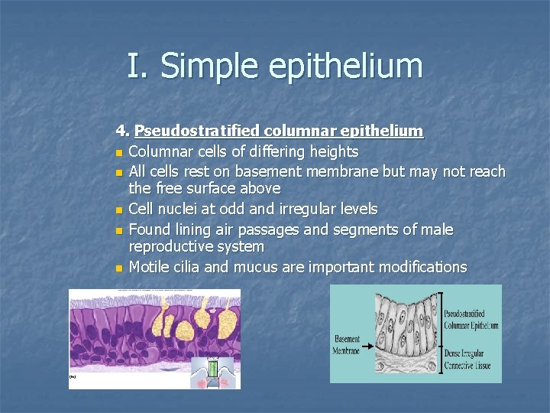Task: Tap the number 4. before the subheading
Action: pos(122,131)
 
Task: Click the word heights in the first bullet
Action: pos(332,151)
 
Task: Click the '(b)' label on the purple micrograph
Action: pos(73,376)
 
